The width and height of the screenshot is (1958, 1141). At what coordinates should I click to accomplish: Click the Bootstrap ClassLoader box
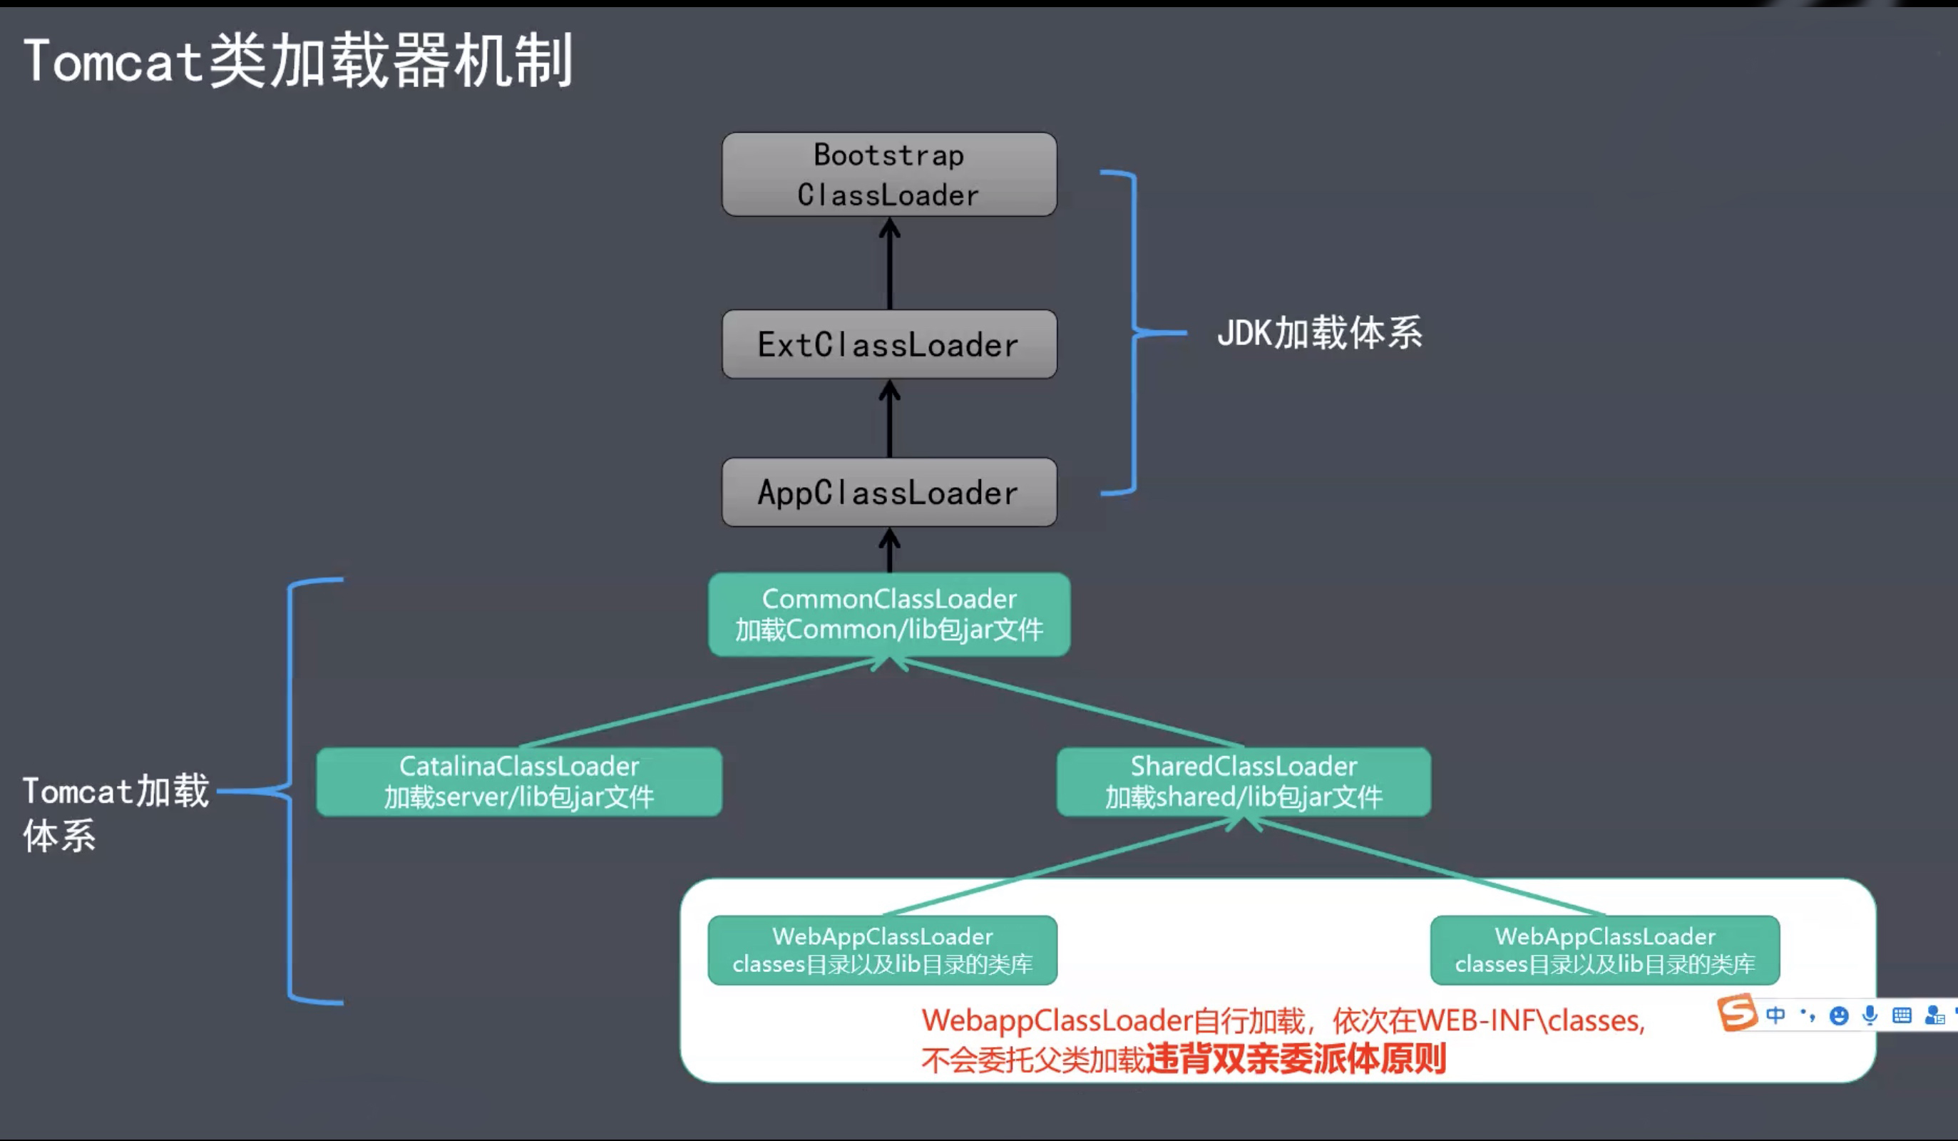[889, 174]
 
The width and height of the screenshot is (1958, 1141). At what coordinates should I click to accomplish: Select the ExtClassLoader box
[889, 344]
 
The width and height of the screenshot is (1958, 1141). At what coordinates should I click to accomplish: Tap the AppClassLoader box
[889, 492]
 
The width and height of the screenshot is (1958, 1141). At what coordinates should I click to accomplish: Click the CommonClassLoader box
[889, 614]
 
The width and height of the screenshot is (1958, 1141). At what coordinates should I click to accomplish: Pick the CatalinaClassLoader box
[519, 781]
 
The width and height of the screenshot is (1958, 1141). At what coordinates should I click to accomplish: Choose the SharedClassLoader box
[1243, 781]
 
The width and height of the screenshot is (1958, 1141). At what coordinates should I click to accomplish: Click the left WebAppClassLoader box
[882, 950]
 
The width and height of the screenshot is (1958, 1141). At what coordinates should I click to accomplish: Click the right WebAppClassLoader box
[1604, 950]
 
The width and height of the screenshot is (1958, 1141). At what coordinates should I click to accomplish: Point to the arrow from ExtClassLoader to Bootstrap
[890, 265]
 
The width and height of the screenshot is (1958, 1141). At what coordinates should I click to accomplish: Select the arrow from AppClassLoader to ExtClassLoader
[890, 420]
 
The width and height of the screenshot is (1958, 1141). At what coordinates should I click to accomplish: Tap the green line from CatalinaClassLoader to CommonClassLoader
[699, 702]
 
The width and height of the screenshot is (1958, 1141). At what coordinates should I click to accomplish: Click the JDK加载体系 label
[1319, 332]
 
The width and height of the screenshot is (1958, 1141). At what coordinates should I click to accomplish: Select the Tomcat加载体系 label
[115, 812]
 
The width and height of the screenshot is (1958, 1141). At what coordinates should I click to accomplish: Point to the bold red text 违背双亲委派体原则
[1296, 1058]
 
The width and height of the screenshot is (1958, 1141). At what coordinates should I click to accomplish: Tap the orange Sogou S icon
[1736, 1013]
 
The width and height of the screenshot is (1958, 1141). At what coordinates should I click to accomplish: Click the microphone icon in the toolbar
[1870, 1015]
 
